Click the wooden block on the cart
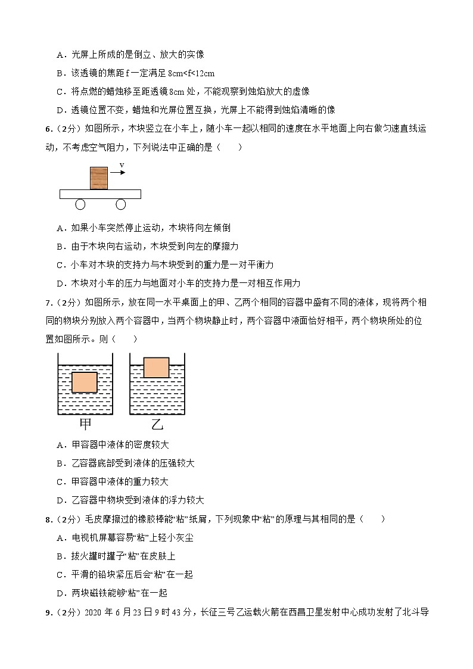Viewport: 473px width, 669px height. point(99,178)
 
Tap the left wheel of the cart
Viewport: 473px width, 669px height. point(80,204)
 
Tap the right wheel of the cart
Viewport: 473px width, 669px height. point(121,204)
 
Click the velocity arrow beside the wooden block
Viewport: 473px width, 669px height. point(118,173)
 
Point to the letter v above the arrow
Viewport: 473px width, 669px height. point(122,165)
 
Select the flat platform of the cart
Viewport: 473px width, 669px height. point(100,194)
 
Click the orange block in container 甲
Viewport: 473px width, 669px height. point(84,382)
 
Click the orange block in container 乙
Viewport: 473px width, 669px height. point(156,367)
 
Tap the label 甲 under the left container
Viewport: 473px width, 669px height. point(85,424)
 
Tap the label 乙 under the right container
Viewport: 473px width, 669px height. point(157,424)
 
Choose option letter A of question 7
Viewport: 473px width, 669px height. point(60,445)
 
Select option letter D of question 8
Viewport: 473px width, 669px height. point(60,593)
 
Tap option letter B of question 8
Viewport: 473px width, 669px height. point(60,556)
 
